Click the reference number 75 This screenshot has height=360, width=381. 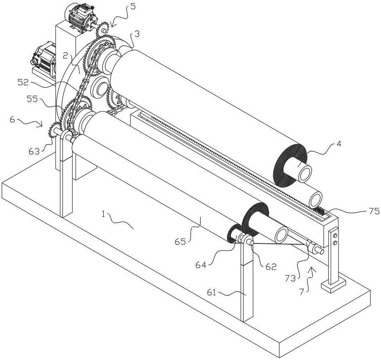pyautogui.click(x=374, y=211)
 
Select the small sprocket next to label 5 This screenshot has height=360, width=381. pyautogui.click(x=104, y=29)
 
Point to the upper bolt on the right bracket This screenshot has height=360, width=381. pyautogui.click(x=334, y=236)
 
